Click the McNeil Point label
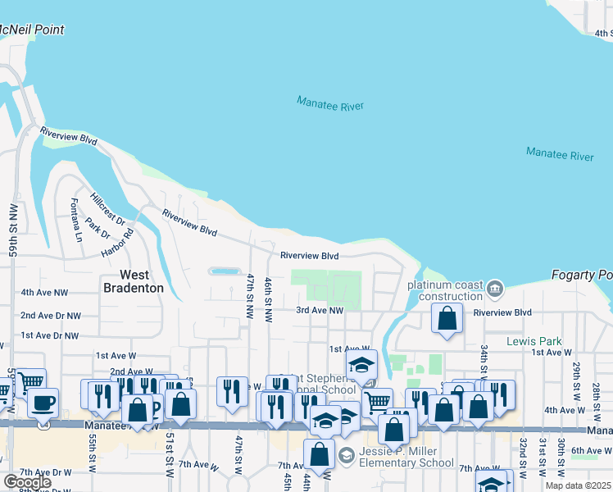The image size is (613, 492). coord(31,30)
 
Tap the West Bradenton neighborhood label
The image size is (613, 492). coord(134,281)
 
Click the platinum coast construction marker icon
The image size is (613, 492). coord(494,289)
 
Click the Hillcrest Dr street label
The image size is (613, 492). coord(108,209)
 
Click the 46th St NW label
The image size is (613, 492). coord(268,299)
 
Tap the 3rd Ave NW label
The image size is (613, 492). coord(320,310)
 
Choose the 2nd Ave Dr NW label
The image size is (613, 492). coord(51,315)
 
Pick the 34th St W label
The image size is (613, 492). coord(484,358)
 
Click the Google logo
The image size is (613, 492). coord(27,482)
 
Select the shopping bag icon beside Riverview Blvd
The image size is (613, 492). coord(447,318)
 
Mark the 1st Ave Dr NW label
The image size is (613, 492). coord(50,335)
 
